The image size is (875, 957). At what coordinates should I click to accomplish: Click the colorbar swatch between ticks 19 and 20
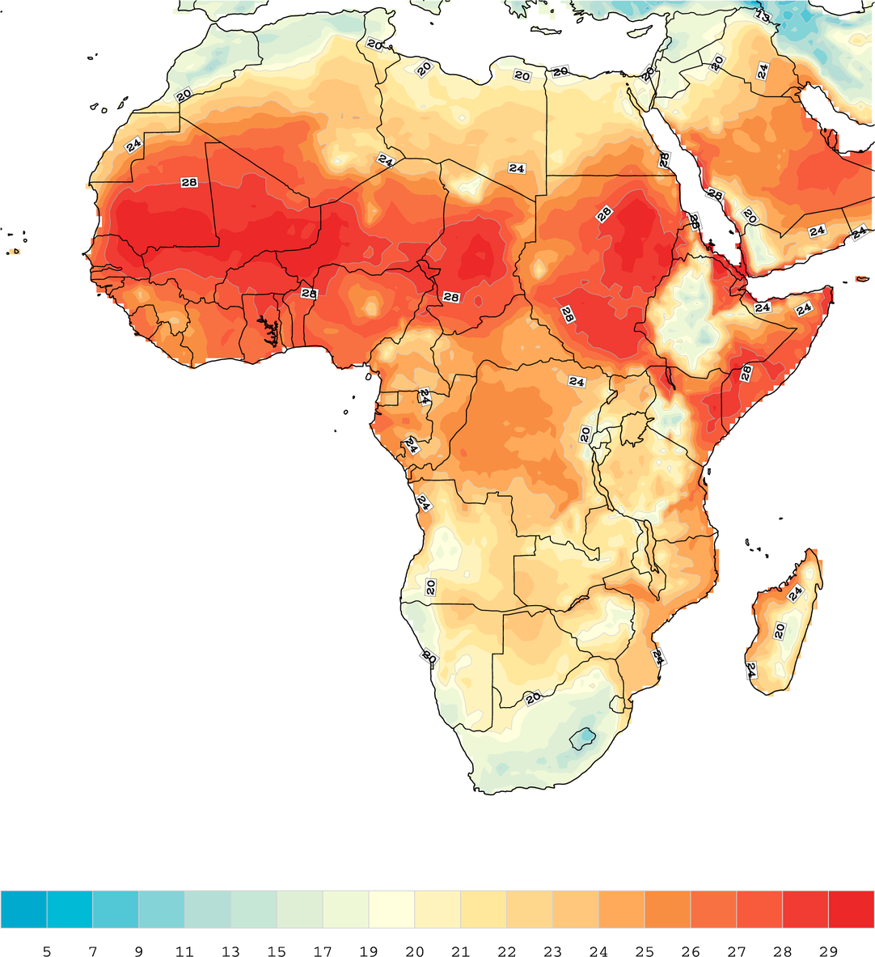coord(391,908)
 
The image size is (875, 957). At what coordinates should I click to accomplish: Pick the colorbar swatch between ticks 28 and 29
coord(805,908)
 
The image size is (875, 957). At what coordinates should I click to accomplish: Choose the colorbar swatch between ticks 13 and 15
coord(254,908)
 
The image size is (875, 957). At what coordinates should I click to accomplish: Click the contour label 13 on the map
coord(762,15)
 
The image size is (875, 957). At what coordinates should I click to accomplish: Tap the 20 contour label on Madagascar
coord(780,630)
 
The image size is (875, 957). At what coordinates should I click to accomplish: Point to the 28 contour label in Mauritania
coord(188,183)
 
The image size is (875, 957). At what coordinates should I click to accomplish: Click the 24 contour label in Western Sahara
coord(133,146)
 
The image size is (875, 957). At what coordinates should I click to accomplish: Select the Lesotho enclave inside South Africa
coord(581,738)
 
